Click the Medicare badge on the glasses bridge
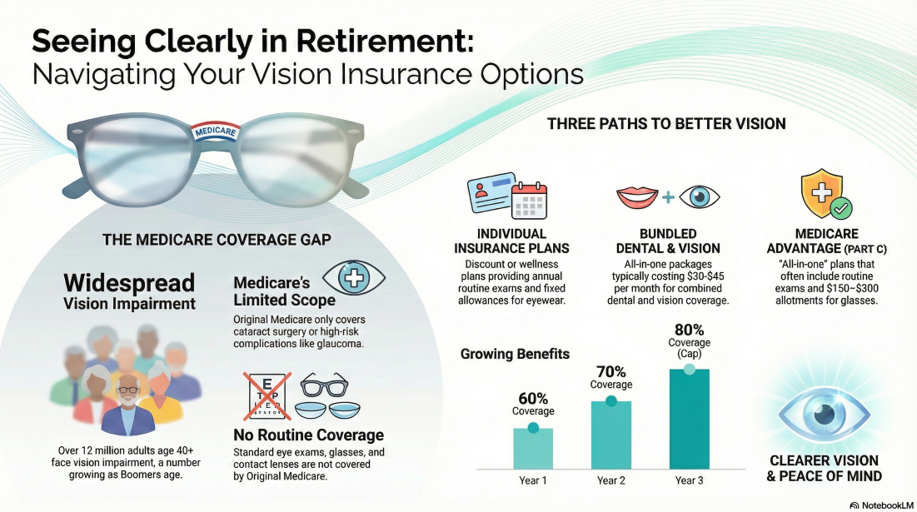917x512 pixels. (x=215, y=131)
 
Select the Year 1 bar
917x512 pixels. (x=533, y=448)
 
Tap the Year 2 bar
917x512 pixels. (x=611, y=435)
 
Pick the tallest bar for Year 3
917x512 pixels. (x=690, y=419)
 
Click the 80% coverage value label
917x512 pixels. (x=690, y=331)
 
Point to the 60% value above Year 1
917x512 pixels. (x=533, y=399)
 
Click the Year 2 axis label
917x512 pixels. (x=611, y=480)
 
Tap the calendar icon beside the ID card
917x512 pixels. (x=529, y=201)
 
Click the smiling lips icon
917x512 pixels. (x=637, y=197)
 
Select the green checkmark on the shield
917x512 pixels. (x=841, y=207)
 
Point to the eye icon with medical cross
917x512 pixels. (x=354, y=277)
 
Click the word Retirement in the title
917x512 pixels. (x=384, y=42)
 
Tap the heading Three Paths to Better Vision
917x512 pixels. (x=666, y=124)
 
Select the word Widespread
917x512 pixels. (x=129, y=283)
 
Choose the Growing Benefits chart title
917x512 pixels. (x=515, y=354)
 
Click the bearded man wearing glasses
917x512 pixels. (x=127, y=405)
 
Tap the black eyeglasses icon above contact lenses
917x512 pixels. (x=324, y=385)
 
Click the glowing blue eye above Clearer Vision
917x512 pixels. (x=824, y=415)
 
